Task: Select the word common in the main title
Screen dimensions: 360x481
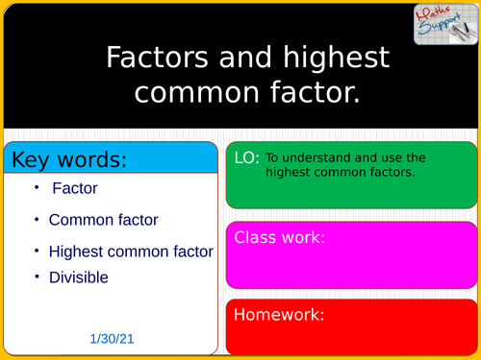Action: pyautogui.click(x=203, y=92)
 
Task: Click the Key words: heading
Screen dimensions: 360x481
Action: pyautogui.click(x=68, y=157)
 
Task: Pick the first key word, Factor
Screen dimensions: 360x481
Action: pyautogui.click(x=75, y=189)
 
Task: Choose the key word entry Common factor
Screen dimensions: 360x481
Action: pyautogui.click(x=103, y=220)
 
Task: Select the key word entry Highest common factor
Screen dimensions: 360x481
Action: pyautogui.click(x=131, y=252)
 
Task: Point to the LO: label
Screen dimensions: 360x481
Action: pyautogui.click(x=246, y=159)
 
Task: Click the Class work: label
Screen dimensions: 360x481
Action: pyautogui.click(x=280, y=237)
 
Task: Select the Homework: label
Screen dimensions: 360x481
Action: pyautogui.click(x=279, y=314)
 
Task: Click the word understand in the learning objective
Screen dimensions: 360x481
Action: pyautogui.click(x=317, y=157)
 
